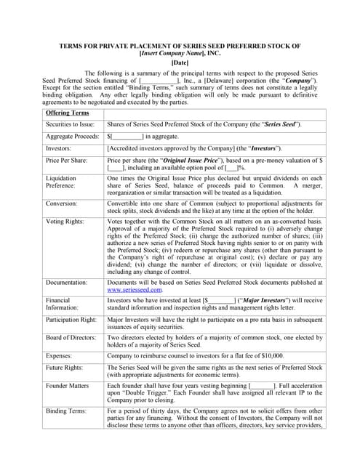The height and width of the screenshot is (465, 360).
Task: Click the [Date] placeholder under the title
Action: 180,62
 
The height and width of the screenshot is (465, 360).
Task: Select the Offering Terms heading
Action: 68,113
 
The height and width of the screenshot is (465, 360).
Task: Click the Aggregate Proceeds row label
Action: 72,137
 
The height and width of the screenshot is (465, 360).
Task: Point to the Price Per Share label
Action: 67,159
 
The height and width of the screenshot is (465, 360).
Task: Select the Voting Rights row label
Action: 66,220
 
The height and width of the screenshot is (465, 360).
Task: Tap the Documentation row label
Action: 69,282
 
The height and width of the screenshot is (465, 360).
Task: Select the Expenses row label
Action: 61,357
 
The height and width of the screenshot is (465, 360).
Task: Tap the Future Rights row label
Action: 67,369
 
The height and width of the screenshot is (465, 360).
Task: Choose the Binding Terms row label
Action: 67,411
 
